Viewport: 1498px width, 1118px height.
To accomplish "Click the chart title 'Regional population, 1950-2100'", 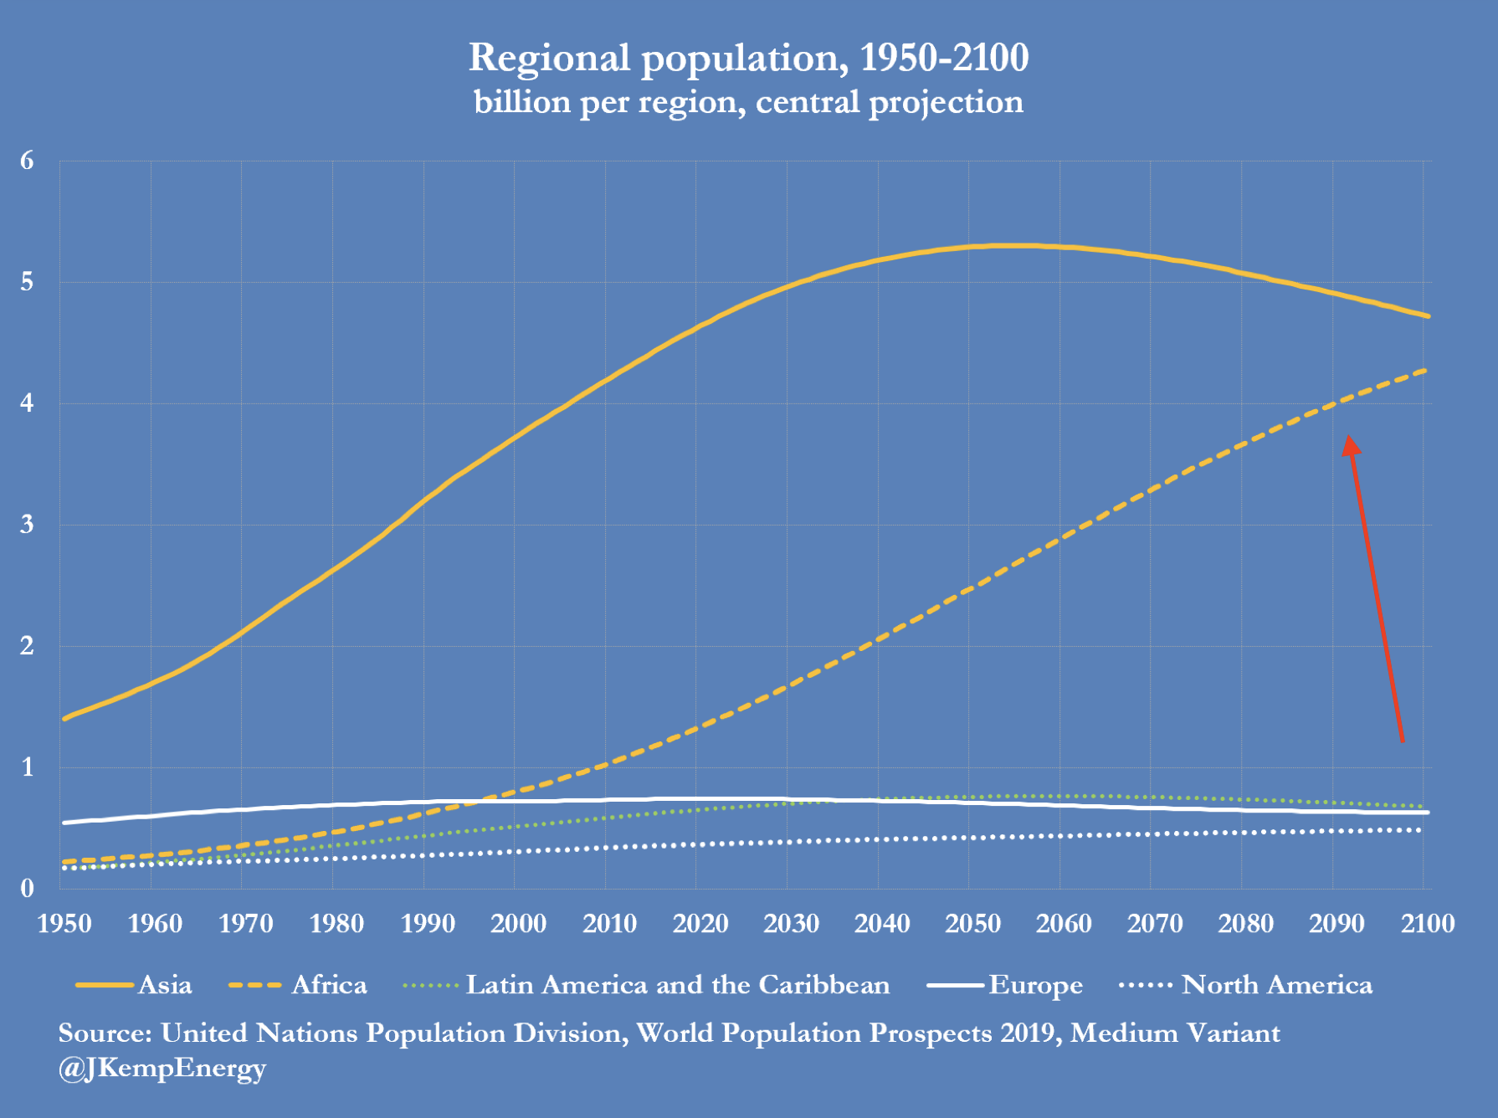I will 748,59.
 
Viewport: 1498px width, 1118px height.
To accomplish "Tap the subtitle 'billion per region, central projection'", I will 748,103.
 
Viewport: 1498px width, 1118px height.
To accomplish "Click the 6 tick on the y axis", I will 27,161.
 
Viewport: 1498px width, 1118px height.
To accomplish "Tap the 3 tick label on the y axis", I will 27,525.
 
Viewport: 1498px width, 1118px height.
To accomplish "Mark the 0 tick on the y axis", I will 27,888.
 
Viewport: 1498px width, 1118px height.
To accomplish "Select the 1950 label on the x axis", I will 64,924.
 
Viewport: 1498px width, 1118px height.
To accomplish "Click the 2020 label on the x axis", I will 700,924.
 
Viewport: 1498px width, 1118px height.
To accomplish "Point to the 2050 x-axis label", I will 972,924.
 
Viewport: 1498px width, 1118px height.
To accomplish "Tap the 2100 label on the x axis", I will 1428,924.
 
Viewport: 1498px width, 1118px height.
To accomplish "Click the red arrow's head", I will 1350,445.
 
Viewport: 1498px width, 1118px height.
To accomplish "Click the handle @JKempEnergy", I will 162,1069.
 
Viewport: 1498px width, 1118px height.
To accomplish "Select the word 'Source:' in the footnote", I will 105,1033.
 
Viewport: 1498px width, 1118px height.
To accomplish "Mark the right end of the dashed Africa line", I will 1425,370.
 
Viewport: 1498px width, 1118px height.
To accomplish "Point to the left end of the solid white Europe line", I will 64,823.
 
